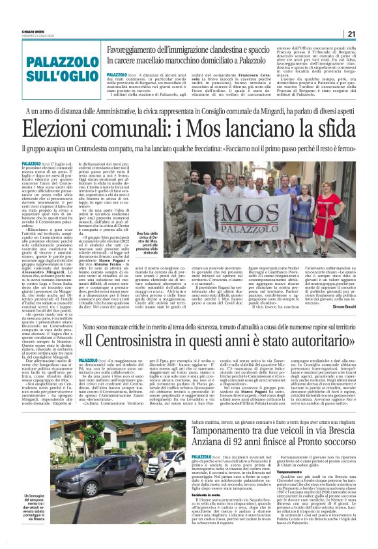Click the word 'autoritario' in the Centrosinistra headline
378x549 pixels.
[x=323, y=342]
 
